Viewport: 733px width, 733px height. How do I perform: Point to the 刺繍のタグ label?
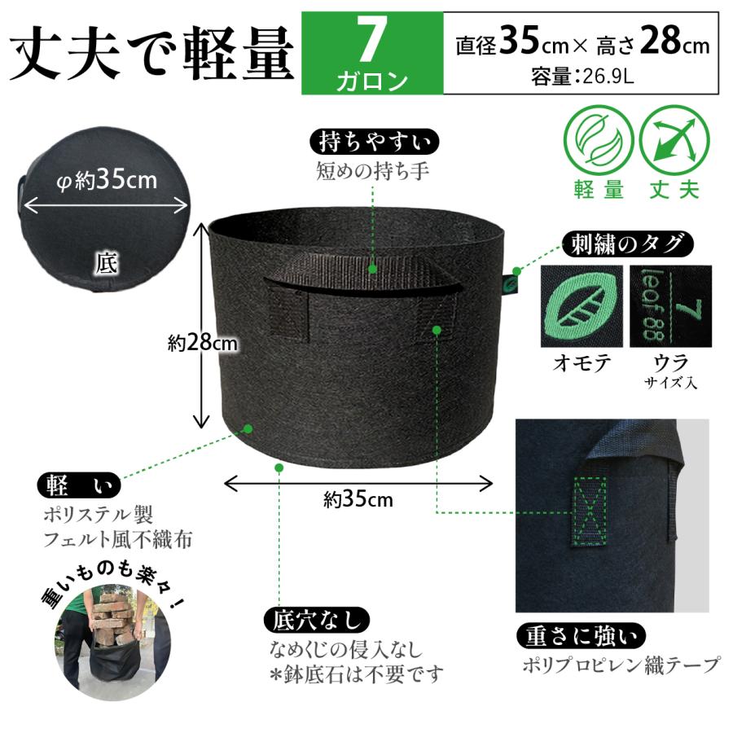[627, 243]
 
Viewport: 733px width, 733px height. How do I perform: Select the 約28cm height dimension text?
[203, 344]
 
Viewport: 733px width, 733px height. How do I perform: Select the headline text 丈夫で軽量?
[152, 55]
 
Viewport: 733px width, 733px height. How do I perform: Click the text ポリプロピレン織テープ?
[621, 665]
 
